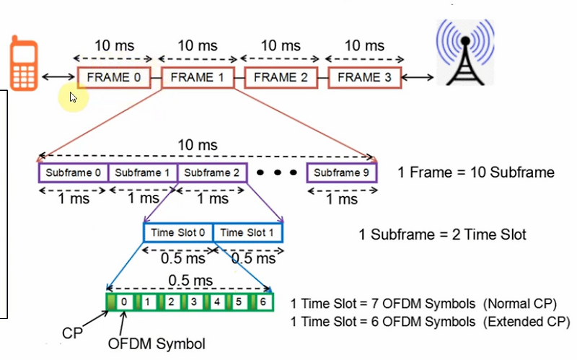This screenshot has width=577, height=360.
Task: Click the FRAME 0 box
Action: [x=113, y=77]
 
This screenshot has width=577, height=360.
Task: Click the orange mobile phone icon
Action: [x=24, y=67]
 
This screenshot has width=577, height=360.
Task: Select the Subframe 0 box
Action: [x=73, y=173]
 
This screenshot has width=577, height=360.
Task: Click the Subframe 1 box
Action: [x=142, y=173]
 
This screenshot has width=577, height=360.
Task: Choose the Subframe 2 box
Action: [x=211, y=173]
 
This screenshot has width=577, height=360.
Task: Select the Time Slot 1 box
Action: [x=247, y=232]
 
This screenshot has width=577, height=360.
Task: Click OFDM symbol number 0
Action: [x=125, y=302]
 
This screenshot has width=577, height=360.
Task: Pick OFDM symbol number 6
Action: [x=264, y=302]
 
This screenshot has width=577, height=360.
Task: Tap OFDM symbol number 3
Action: [x=194, y=302]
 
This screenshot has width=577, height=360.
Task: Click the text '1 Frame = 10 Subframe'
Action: [x=476, y=173]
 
